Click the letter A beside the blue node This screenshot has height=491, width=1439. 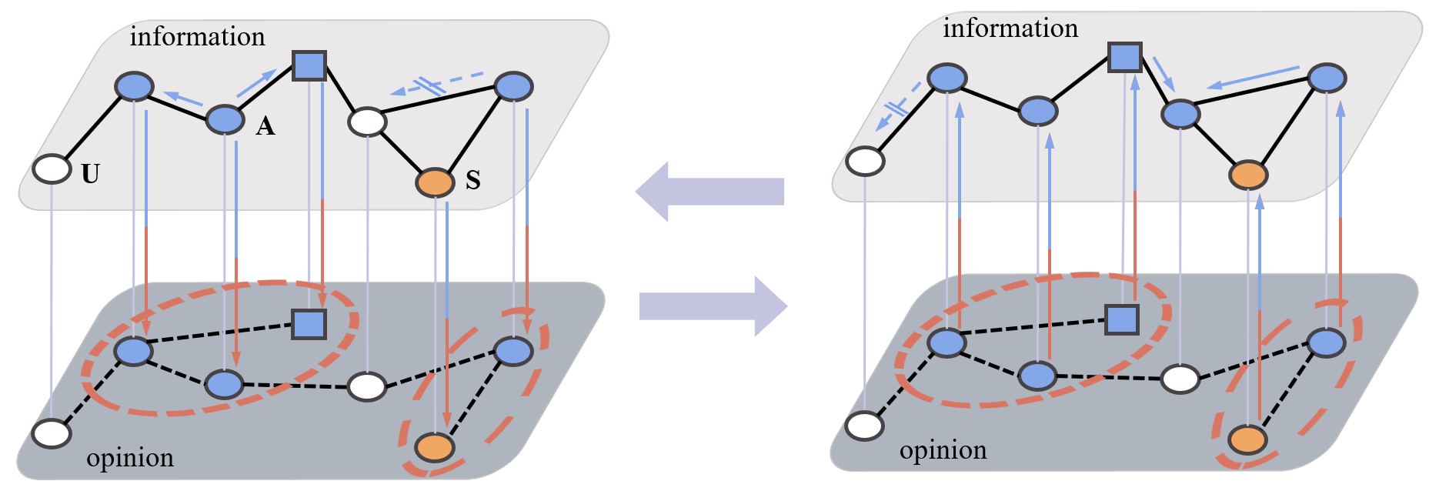[265, 126]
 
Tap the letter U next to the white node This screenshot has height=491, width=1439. [91, 175]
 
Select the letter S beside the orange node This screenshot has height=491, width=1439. [473, 181]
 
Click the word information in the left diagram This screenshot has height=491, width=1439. [197, 36]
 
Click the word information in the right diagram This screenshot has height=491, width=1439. [1010, 28]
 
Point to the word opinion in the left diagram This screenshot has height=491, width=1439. [130, 458]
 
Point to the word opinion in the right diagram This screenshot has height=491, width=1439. [943, 450]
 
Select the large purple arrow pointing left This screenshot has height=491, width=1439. [708, 192]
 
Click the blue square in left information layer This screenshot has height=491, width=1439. [309, 66]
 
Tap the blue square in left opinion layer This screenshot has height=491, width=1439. [309, 324]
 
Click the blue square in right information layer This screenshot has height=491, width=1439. [1124, 57]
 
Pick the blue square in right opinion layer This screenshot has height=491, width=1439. [1121, 319]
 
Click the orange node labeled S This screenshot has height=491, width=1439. [436, 183]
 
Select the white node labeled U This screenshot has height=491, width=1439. [52, 169]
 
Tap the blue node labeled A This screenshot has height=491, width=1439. [225, 119]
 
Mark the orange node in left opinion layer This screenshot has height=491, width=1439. [435, 446]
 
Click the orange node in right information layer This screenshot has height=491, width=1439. [1247, 175]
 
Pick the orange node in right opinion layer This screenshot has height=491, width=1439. [1247, 439]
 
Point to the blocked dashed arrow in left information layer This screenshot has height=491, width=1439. [436, 85]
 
